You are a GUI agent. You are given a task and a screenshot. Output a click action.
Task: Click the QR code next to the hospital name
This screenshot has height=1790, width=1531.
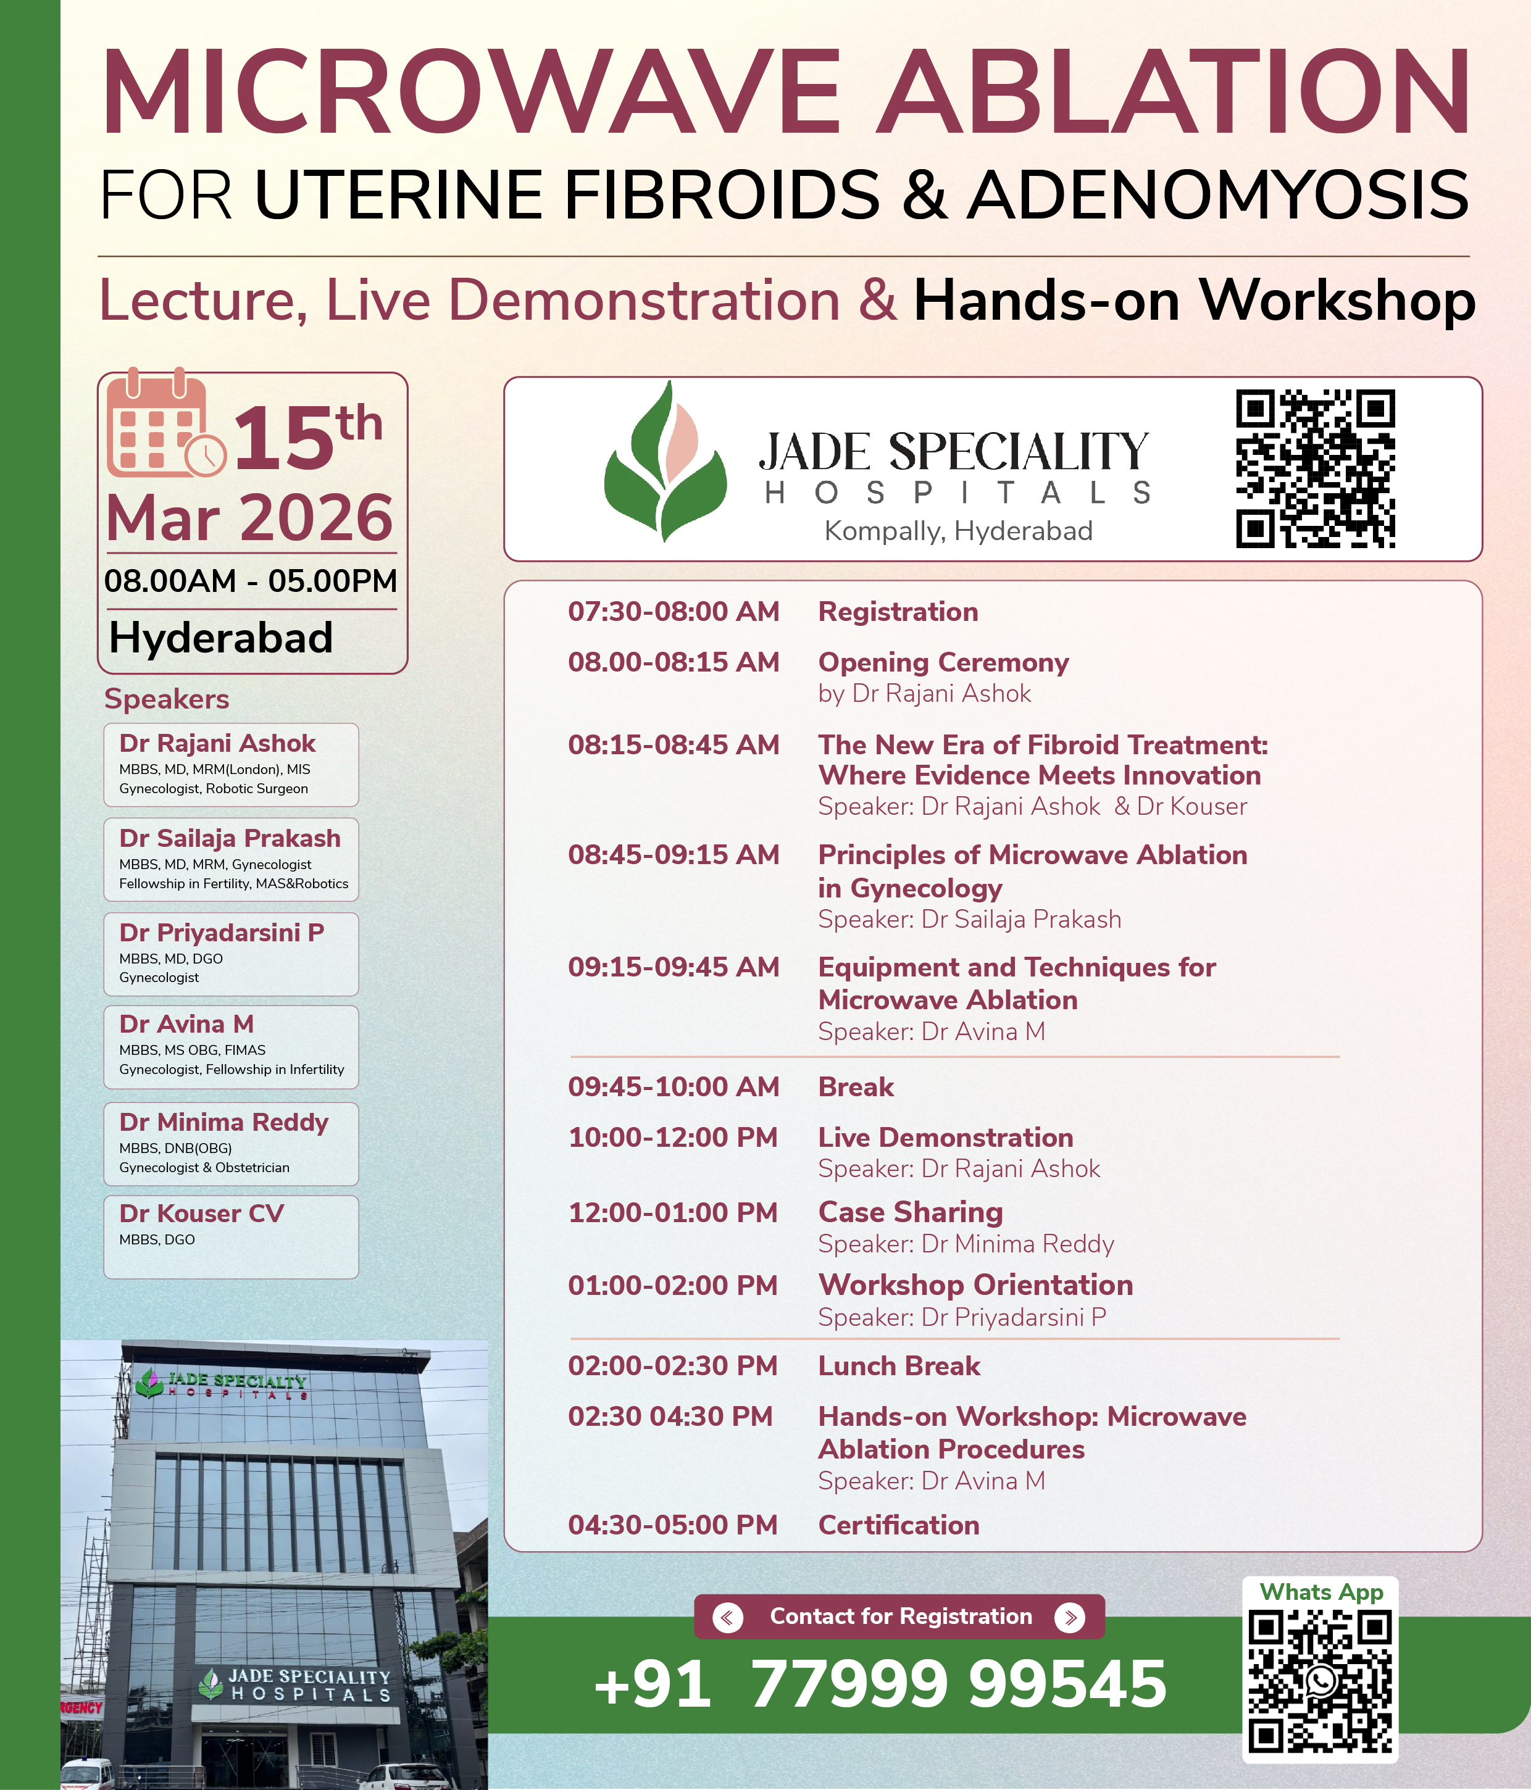coord(1314,468)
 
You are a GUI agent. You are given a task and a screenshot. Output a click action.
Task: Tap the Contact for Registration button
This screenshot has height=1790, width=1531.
coord(899,1617)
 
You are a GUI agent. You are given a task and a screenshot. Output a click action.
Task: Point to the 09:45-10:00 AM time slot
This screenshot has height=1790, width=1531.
coord(673,1087)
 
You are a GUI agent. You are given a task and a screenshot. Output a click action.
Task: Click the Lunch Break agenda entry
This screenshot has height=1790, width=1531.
coord(899,1366)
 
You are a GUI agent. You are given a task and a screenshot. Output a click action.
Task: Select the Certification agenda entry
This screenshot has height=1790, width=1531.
coord(899,1525)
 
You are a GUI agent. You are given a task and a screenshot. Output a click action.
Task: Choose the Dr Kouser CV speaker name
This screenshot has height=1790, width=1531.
coord(201,1213)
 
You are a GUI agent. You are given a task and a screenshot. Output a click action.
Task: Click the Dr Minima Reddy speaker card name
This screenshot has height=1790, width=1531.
coord(223,1122)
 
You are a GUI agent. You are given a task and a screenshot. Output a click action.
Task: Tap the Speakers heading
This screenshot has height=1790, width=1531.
coord(167,699)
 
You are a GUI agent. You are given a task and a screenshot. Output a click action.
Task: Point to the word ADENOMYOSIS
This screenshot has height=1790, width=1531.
coord(1217,195)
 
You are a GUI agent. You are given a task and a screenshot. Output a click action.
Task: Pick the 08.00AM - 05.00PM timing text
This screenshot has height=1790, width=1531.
coord(251,581)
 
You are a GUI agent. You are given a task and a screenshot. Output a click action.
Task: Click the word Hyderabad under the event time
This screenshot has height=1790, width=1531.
coord(221,638)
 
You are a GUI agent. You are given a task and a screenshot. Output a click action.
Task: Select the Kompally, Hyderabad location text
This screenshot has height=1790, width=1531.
coord(958,530)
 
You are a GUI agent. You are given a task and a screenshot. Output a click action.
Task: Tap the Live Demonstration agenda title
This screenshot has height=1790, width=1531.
coord(945,1138)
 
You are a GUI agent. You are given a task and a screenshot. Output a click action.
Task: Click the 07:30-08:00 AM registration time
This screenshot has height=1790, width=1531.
coord(673,612)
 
